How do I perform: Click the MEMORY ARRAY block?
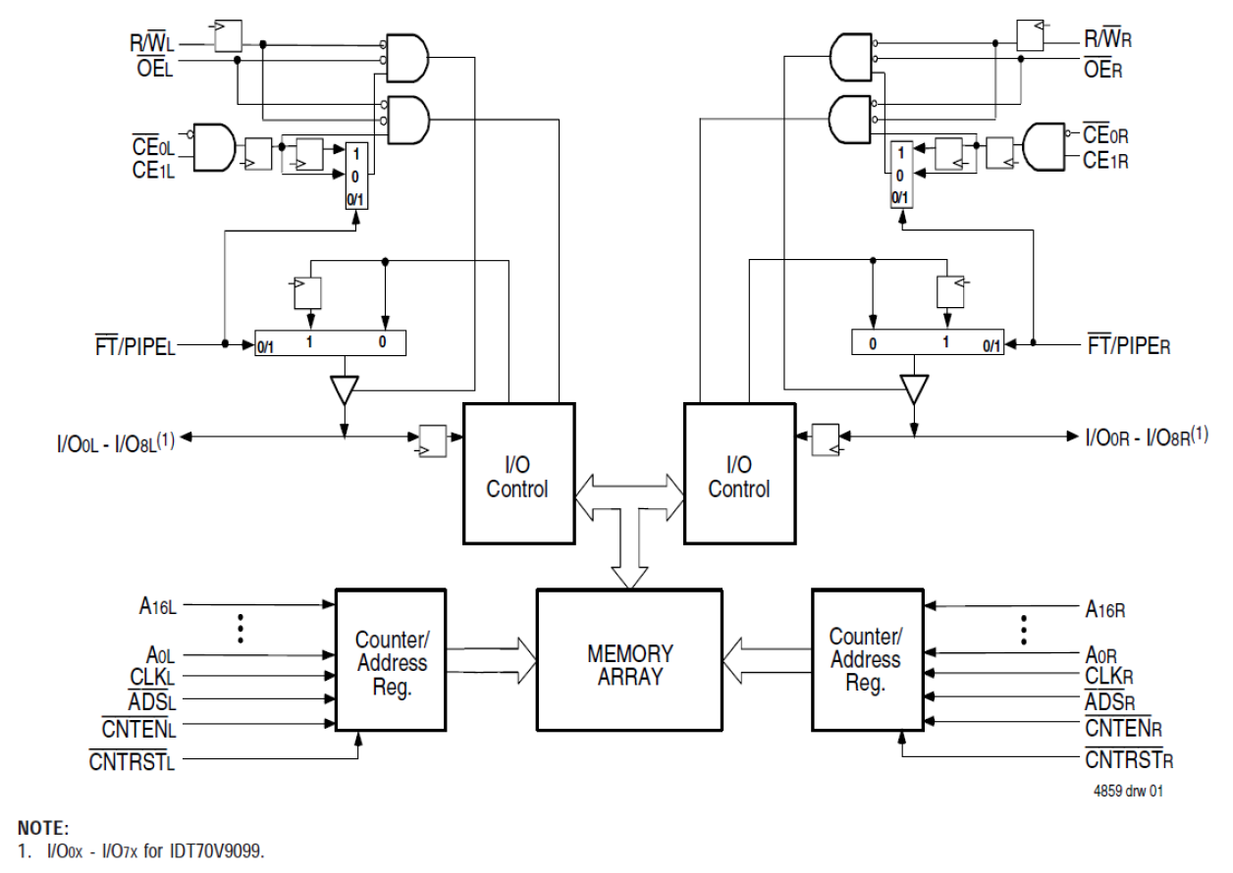[629, 666]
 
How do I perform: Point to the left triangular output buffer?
[344, 390]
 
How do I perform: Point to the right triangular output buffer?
[914, 390]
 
